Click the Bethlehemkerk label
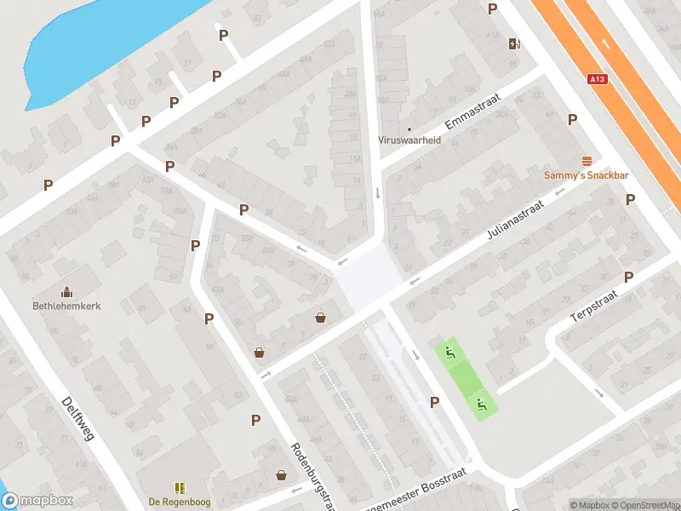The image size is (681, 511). [x=66, y=306]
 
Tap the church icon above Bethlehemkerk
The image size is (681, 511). [x=66, y=292]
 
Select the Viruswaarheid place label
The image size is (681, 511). [x=409, y=141]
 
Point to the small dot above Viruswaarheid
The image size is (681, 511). [x=409, y=129]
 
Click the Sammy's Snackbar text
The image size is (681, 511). [x=587, y=175]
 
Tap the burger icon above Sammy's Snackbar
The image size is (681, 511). [x=587, y=162]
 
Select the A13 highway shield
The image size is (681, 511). [x=598, y=79]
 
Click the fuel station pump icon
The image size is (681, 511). [x=514, y=44]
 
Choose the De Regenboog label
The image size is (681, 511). [x=179, y=501]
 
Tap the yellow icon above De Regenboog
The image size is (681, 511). [x=180, y=487]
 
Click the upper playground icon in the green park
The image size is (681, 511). [x=449, y=353]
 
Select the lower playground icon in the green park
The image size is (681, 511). [x=481, y=405]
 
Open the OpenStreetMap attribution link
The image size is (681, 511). [x=646, y=505]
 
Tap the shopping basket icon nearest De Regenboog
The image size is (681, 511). [x=281, y=475]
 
